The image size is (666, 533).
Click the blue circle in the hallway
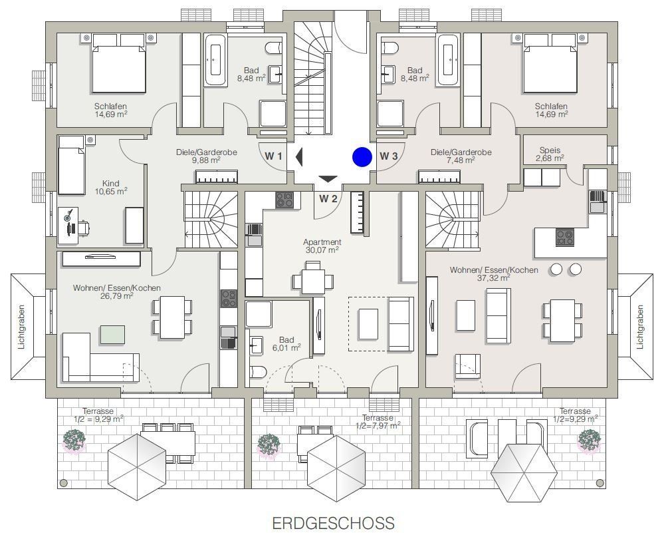[x=362, y=157]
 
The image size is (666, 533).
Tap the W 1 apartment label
[x=273, y=156]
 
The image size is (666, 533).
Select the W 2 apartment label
[x=328, y=199]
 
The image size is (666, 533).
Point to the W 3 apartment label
[x=389, y=156]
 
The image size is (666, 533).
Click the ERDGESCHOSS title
[x=333, y=523]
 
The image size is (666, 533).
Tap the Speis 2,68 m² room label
[x=550, y=154]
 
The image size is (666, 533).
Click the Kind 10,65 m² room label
[x=110, y=187]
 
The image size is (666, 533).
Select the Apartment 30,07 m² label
[x=322, y=246]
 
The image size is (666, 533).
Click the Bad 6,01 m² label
[x=286, y=344]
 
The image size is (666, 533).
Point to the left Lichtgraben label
[x=22, y=327]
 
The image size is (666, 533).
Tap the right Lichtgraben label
[x=640, y=327]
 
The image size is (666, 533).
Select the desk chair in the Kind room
[x=84, y=228]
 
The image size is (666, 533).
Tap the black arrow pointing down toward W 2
[x=328, y=179]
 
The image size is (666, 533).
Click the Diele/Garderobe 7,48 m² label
[x=461, y=156]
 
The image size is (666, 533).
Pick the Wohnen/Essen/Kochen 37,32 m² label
[x=494, y=274]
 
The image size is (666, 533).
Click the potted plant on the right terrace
[x=590, y=440]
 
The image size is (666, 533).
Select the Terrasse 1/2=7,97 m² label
[x=378, y=422]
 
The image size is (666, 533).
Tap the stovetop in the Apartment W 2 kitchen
[x=284, y=200]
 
